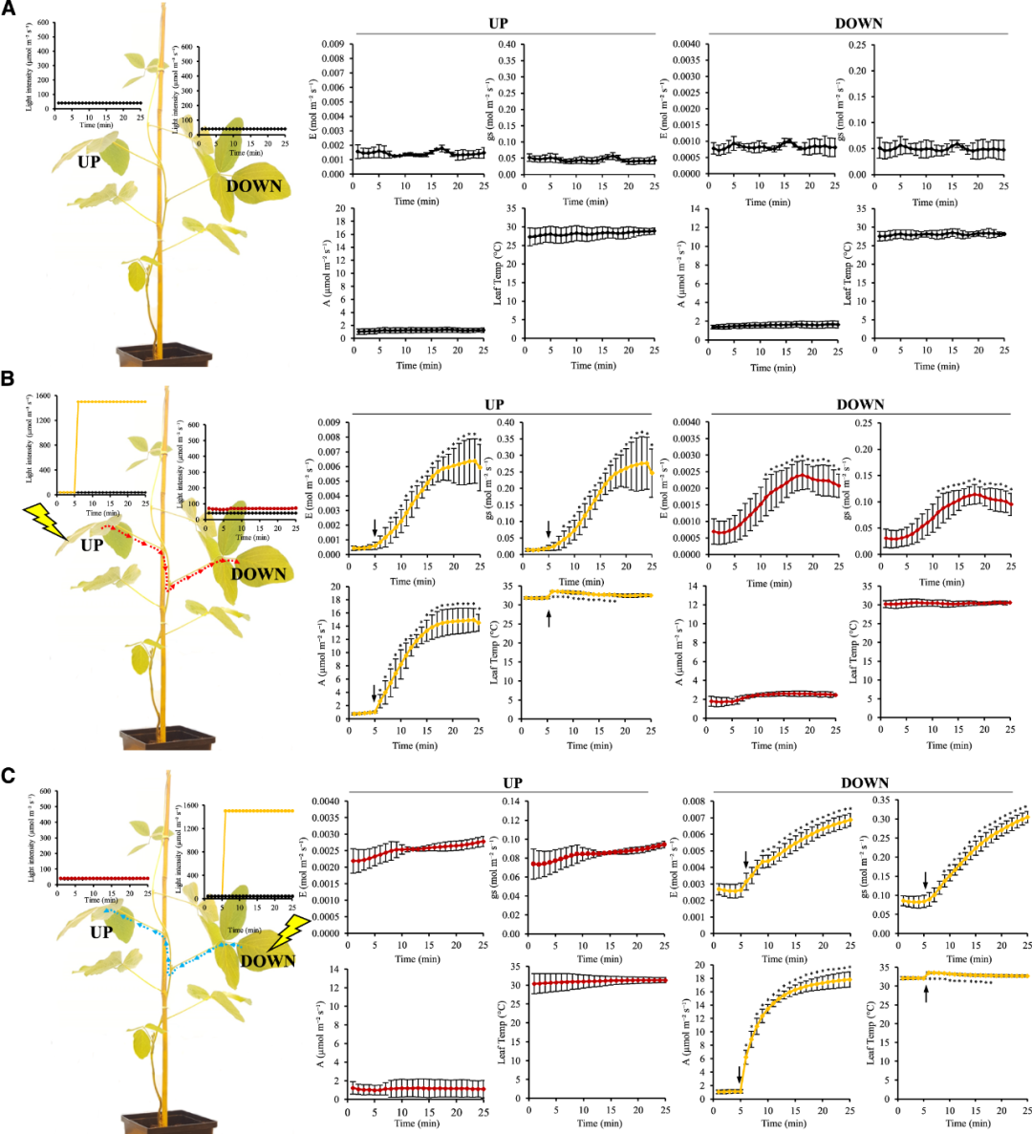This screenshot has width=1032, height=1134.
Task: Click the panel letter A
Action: (8, 11)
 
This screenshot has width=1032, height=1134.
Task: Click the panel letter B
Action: (8, 378)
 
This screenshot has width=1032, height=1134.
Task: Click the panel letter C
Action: (9, 774)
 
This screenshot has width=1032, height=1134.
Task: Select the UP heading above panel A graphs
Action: (497, 22)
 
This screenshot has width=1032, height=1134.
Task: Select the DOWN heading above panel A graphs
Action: (858, 22)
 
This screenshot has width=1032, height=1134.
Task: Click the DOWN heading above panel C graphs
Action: (864, 782)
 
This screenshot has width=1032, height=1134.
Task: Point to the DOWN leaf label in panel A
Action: (254, 186)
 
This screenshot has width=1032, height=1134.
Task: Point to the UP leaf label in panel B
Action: (91, 546)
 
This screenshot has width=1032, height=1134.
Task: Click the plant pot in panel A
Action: (164, 355)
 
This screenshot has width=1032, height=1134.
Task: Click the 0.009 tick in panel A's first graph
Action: (333, 44)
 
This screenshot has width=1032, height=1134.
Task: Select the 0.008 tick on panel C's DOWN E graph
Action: (695, 802)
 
